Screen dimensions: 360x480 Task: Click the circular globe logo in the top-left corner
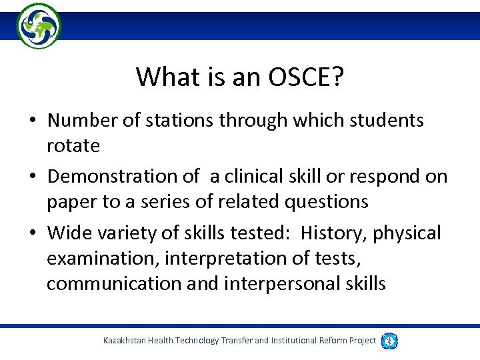[x=39, y=26]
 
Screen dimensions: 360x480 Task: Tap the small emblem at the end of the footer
[x=390, y=341]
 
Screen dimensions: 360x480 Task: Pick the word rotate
[x=73, y=145]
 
